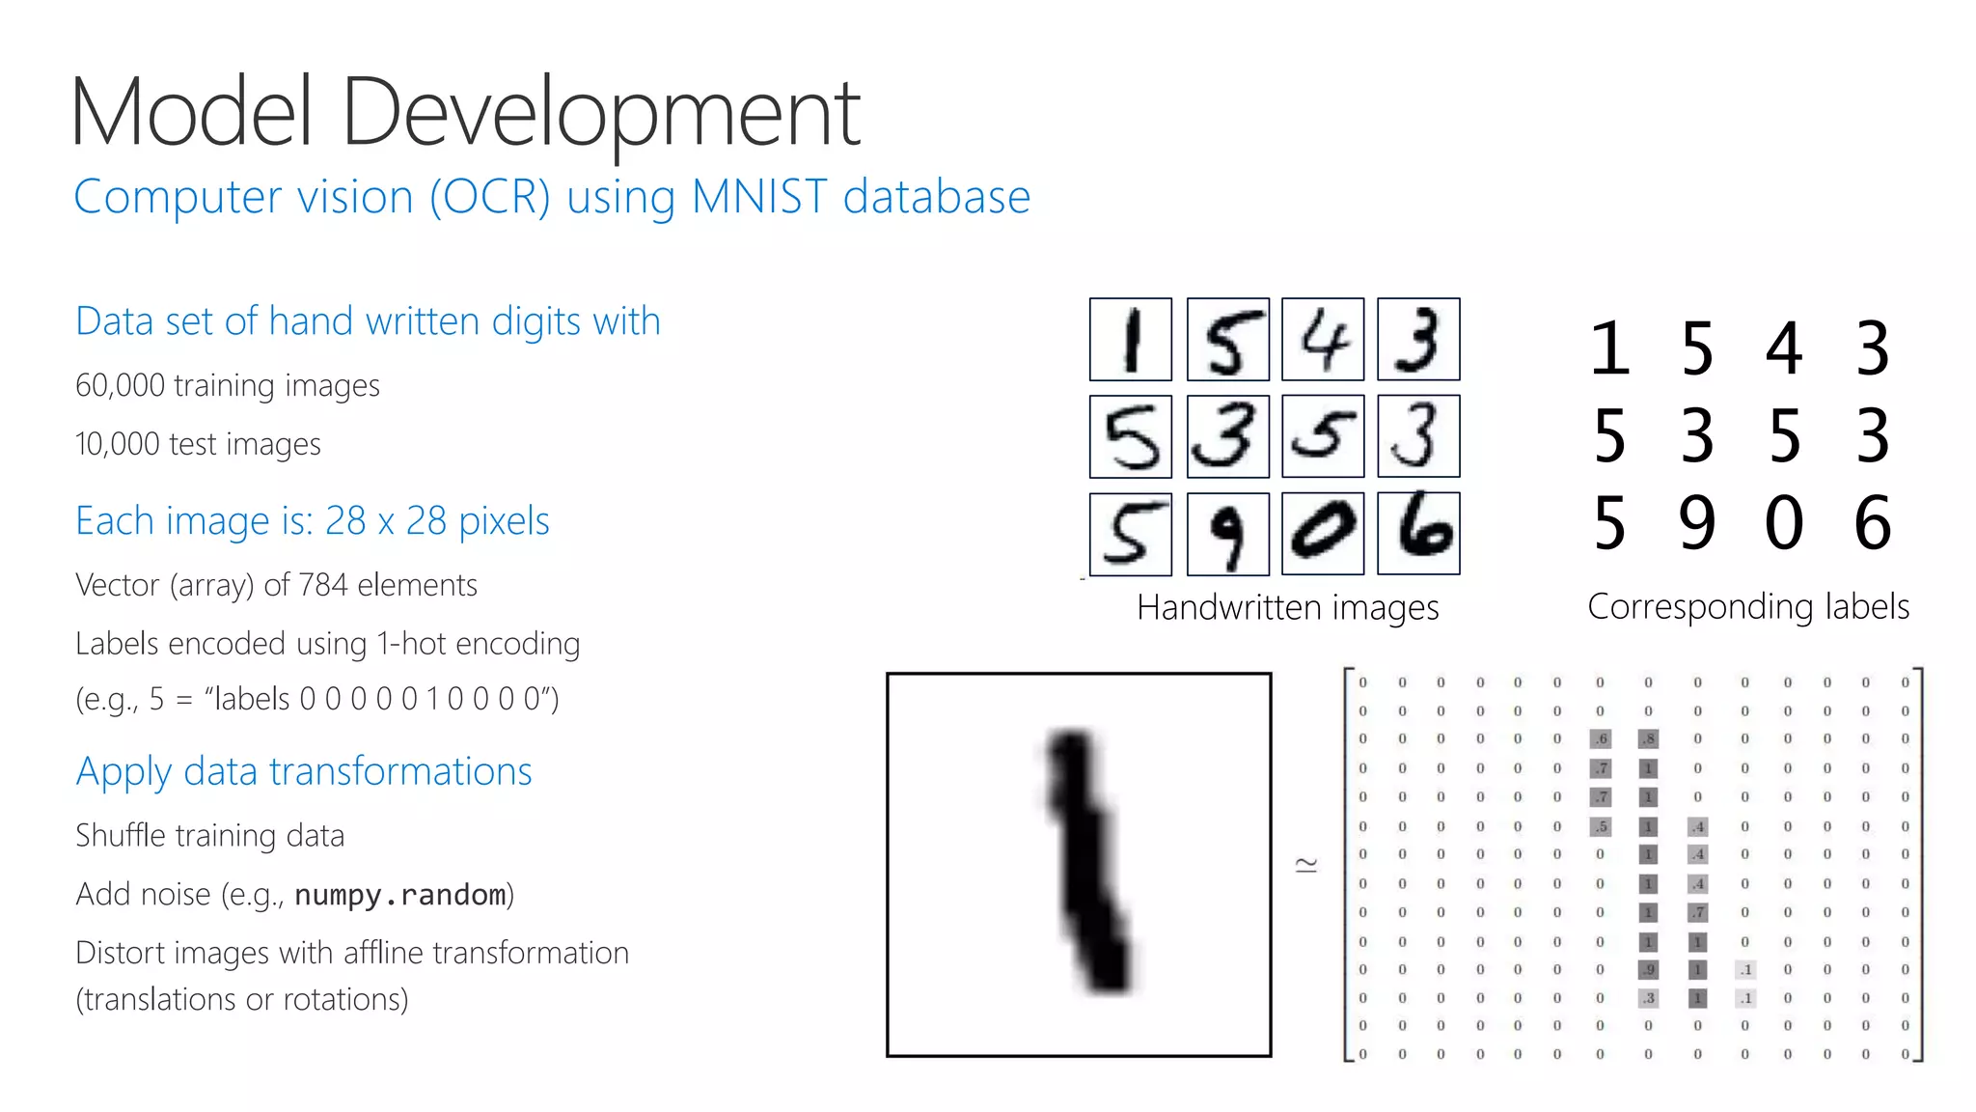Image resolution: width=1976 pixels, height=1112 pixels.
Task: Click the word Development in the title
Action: tap(600, 114)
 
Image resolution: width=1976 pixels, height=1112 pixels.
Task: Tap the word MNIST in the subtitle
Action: tap(759, 197)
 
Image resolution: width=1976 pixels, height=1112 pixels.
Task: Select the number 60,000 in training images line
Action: tap(121, 386)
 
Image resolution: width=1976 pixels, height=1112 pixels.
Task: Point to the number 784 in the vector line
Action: tap(322, 585)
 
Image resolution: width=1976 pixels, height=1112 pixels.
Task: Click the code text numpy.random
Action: tap(400, 895)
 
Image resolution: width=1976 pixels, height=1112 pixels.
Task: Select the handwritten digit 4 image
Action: tap(1323, 340)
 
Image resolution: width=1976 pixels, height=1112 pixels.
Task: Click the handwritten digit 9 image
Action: tap(1227, 534)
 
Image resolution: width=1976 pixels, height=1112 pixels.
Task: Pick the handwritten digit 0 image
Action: tap(1323, 534)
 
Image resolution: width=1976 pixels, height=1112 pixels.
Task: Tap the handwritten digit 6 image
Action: tap(1418, 532)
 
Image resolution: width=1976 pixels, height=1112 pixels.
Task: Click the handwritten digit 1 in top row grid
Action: tap(1131, 340)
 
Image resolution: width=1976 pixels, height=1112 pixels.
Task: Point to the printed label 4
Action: tap(1784, 348)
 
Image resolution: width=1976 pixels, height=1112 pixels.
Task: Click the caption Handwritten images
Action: tap(1287, 608)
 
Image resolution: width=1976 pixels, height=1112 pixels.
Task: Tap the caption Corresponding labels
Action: tap(1748, 607)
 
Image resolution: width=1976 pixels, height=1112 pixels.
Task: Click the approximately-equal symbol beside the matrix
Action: tap(1306, 865)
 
